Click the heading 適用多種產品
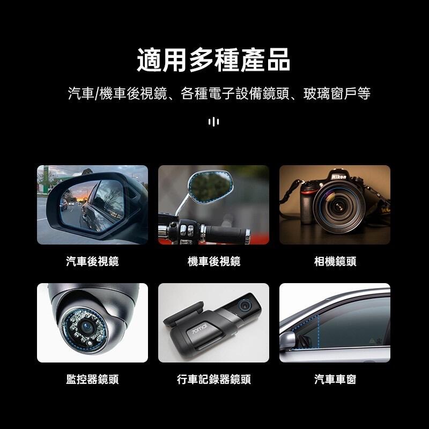click(213, 60)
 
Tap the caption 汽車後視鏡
click(92, 261)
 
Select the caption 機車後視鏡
click(214, 261)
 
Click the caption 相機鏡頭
click(335, 261)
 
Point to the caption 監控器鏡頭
click(92, 380)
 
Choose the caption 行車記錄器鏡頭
click(214, 380)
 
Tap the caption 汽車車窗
click(335, 380)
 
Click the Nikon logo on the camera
click(339, 177)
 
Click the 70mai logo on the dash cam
click(199, 329)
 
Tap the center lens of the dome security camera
click(87, 326)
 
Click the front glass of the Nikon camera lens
click(339, 205)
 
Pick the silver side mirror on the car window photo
click(287, 341)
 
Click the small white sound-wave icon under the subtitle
click(213, 122)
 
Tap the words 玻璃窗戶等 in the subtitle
click(337, 93)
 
